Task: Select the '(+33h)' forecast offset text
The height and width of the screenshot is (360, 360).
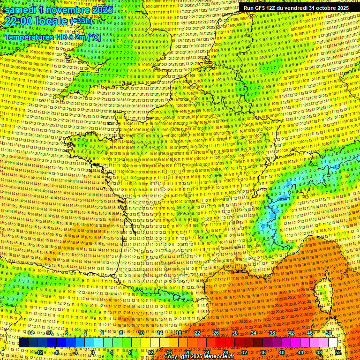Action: coord(81,21)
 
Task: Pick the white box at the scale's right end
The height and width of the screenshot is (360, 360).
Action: coord(333,343)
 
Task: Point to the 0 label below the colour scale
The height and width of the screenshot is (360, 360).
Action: coord(93,352)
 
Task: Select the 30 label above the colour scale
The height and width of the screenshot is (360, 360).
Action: coord(234,333)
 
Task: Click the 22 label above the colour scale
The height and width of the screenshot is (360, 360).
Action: coord(197,333)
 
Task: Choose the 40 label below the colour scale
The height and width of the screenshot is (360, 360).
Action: coord(281,352)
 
